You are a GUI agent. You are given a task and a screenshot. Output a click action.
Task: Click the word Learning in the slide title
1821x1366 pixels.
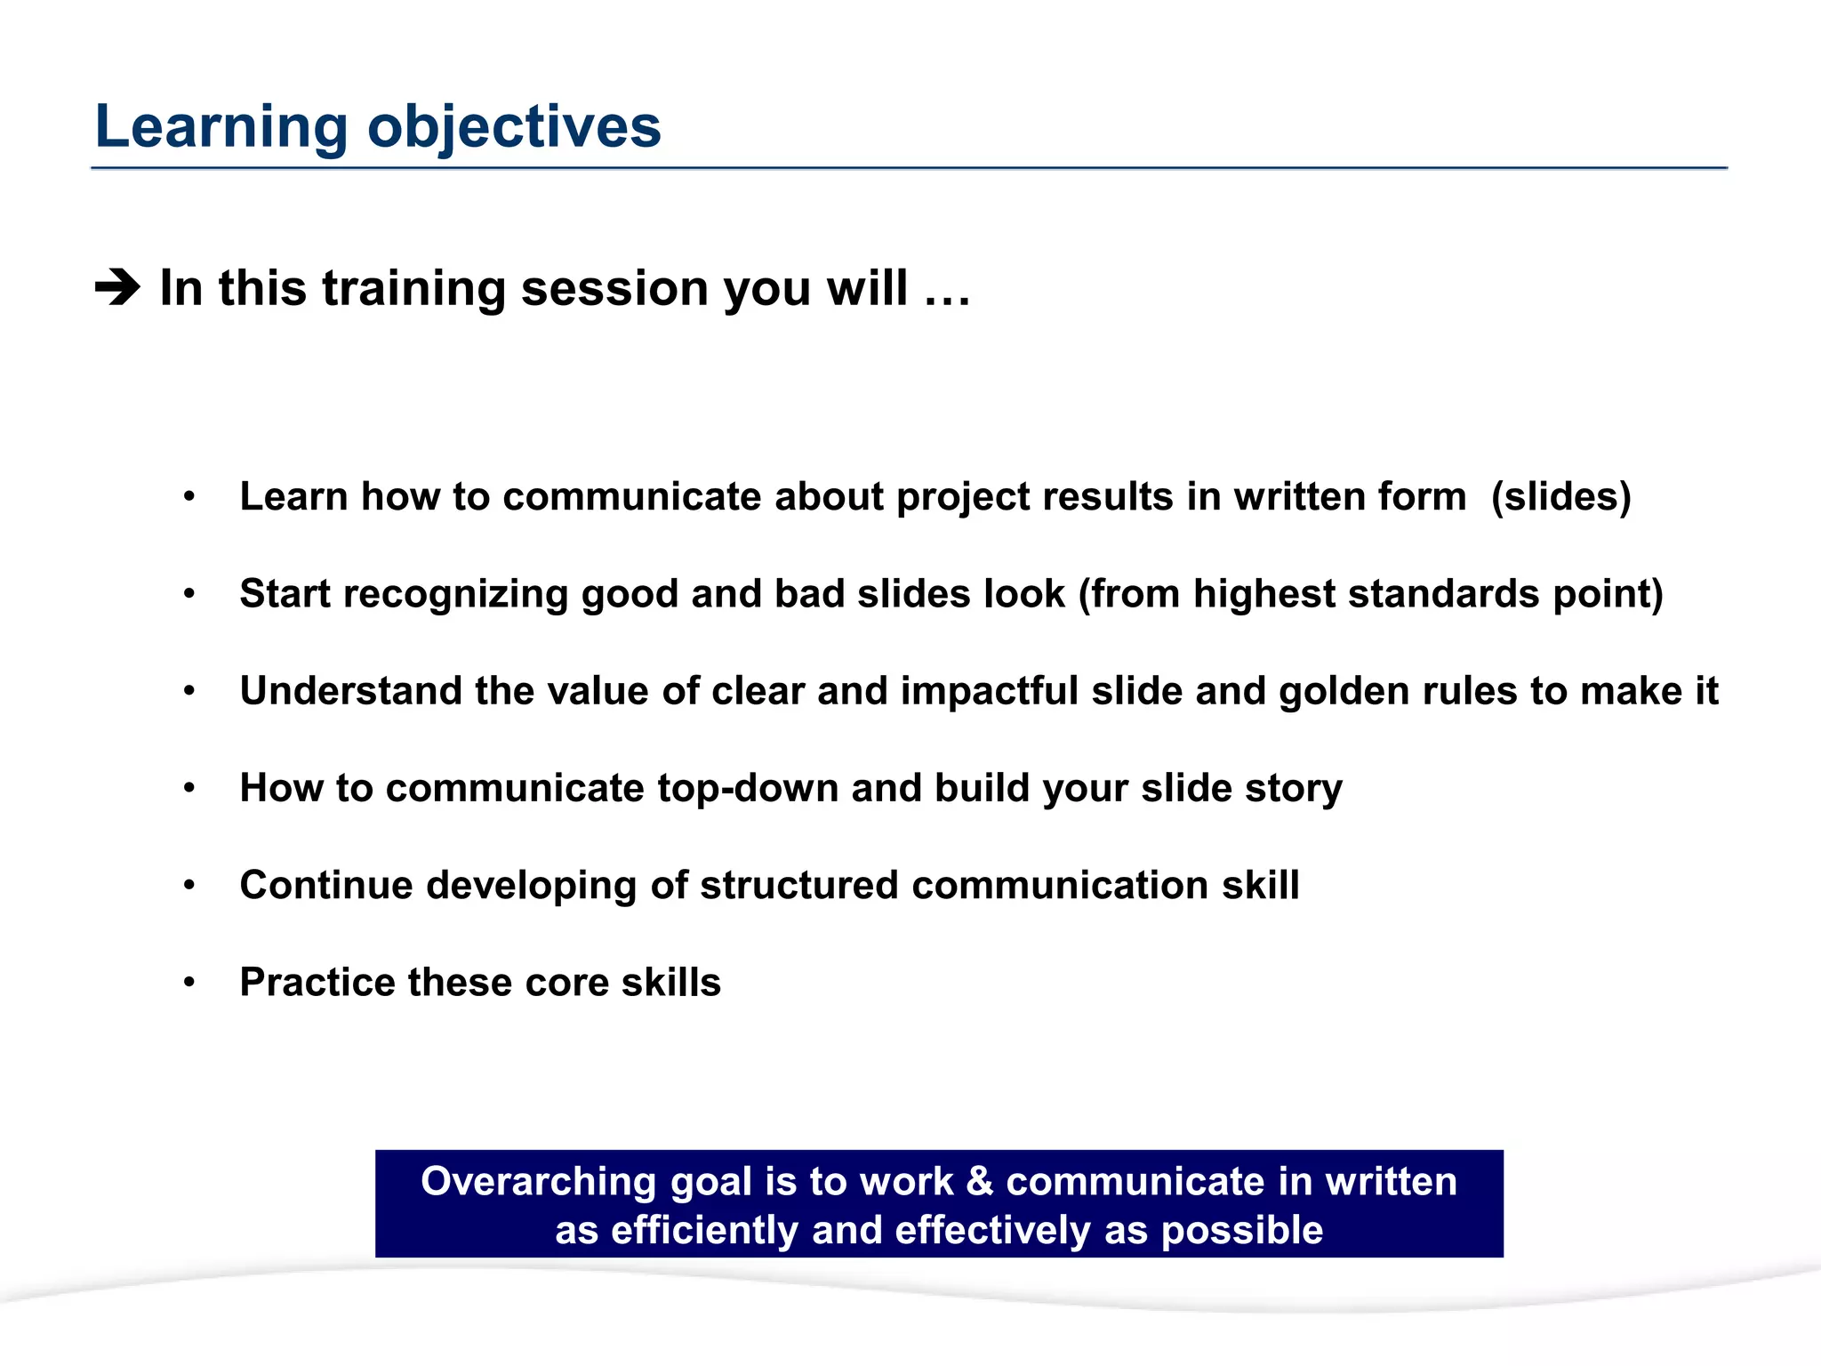point(221,127)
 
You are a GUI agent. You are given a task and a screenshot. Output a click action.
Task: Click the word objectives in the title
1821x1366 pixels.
point(514,127)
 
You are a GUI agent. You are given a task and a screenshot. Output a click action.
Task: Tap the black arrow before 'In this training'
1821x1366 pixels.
point(117,288)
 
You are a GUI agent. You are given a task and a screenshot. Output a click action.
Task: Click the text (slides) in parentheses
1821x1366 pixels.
point(1560,497)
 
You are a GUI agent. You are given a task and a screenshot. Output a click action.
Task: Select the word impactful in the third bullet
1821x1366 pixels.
point(989,691)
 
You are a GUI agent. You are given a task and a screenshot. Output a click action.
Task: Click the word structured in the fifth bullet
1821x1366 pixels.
point(798,886)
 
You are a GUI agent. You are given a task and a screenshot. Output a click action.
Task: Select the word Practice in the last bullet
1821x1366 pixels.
point(317,983)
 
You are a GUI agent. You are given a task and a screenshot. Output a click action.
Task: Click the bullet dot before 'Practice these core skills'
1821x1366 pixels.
point(189,983)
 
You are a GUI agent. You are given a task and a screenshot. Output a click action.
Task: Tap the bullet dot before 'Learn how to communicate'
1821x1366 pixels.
point(189,497)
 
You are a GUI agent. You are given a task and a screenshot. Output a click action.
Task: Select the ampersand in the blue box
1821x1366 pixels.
point(979,1182)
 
